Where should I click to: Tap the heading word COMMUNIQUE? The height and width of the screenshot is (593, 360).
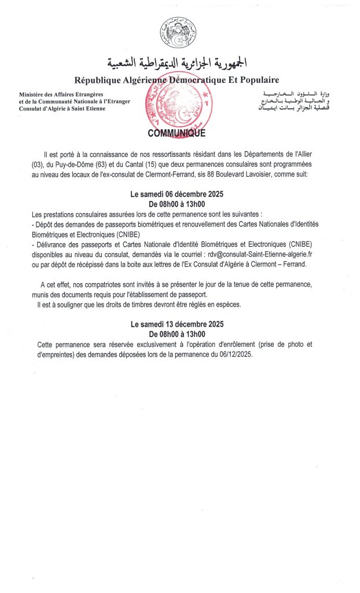[x=177, y=133]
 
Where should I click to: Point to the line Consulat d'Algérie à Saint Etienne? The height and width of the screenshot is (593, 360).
[x=63, y=109]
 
